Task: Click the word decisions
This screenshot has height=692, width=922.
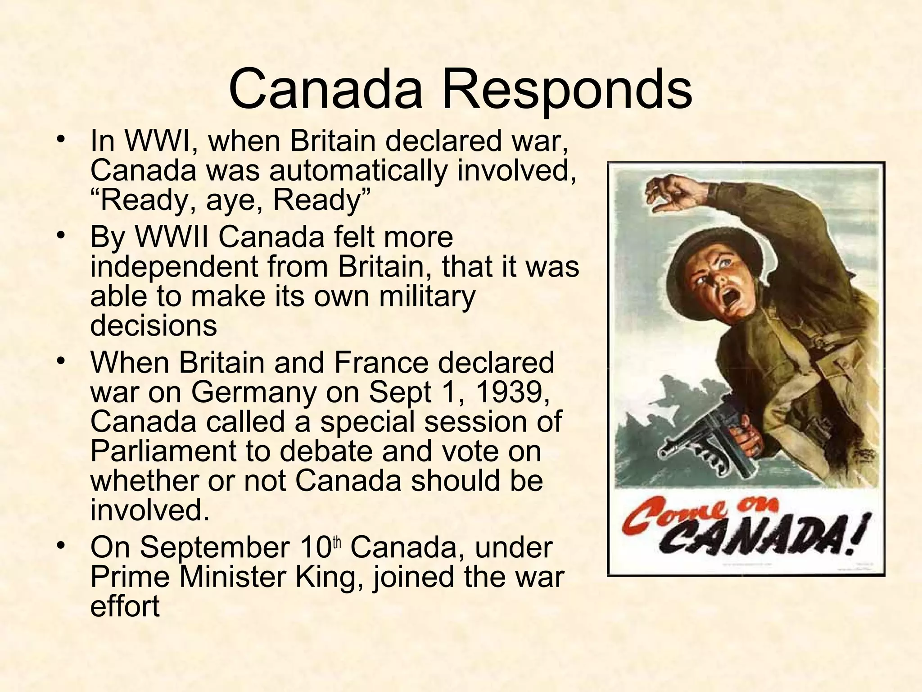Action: click(x=154, y=325)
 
